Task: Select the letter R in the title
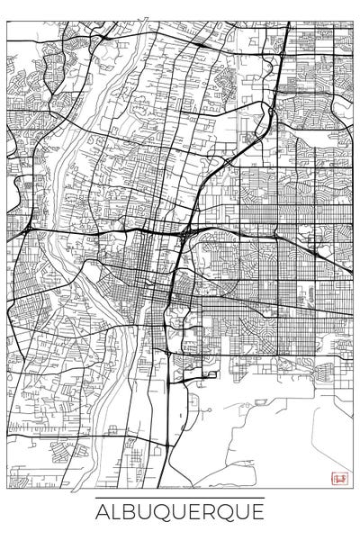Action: (213, 514)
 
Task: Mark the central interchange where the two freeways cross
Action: (185, 233)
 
